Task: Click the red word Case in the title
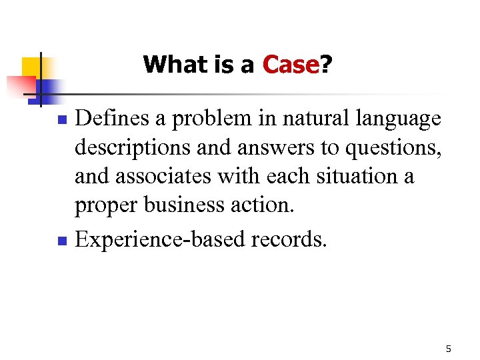pyautogui.click(x=291, y=65)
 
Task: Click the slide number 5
pyautogui.click(x=449, y=349)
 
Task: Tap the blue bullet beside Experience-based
pyautogui.click(x=62, y=239)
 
